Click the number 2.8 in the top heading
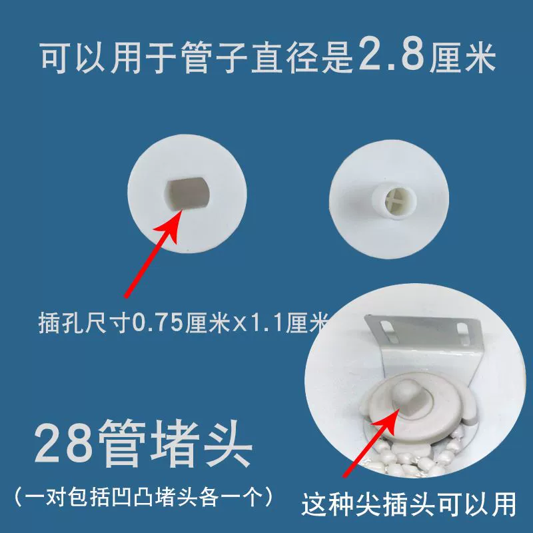point(391,54)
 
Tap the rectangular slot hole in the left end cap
point(188,193)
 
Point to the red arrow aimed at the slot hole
point(154,254)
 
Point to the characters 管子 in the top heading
point(214,58)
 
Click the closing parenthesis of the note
point(268,497)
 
